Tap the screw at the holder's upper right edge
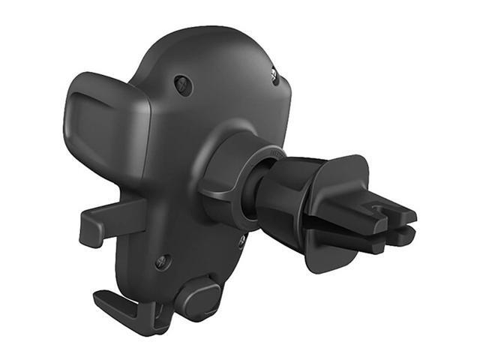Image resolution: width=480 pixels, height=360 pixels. (x=274, y=75)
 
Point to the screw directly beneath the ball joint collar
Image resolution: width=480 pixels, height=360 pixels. (x=242, y=241)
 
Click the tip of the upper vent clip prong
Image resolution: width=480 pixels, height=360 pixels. (x=409, y=217)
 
